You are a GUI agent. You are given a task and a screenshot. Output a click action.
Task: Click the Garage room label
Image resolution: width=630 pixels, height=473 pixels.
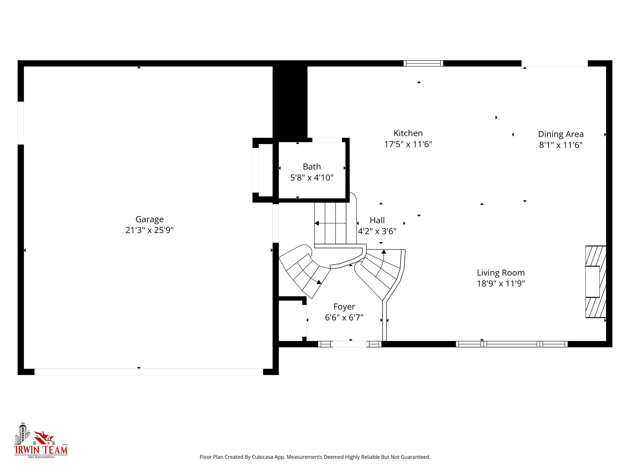[x=149, y=219]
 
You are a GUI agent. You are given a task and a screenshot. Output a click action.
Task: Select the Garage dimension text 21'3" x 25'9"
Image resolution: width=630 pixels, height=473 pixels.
[x=149, y=230]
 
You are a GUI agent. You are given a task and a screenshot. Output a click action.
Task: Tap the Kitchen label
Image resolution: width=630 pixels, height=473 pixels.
[x=408, y=133]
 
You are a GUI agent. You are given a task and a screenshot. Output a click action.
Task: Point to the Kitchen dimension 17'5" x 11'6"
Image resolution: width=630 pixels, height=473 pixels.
[x=408, y=144]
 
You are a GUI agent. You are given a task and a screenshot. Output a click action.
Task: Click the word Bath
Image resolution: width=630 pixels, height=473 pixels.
[x=312, y=167]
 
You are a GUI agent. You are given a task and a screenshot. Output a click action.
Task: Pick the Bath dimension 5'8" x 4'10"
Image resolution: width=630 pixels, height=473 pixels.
[x=312, y=178]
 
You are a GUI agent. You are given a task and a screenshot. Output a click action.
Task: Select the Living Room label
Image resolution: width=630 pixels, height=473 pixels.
[x=501, y=273]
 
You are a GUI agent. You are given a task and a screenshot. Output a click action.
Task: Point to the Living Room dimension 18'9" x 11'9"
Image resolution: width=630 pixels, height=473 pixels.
[x=501, y=284]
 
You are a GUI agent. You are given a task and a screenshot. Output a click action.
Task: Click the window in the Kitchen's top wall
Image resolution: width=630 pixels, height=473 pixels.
[x=423, y=63]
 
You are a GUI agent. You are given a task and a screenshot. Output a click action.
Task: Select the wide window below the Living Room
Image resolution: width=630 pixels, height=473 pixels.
[x=512, y=344]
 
